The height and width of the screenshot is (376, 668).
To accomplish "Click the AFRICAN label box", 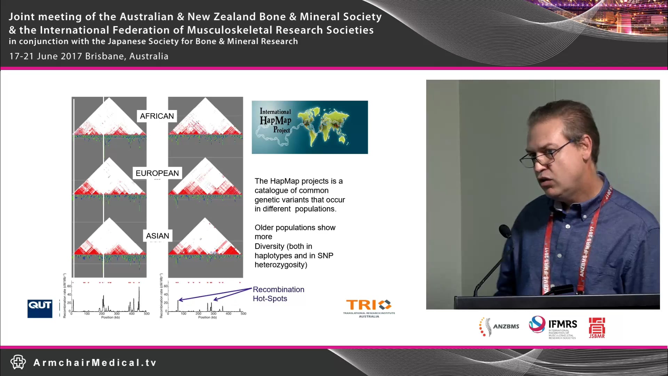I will click(157, 116).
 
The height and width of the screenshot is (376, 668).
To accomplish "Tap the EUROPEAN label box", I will click(157, 173).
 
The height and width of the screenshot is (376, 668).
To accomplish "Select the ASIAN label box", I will click(158, 236).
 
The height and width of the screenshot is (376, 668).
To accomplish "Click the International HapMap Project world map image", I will click(310, 127).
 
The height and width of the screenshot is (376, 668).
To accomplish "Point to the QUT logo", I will click(40, 308).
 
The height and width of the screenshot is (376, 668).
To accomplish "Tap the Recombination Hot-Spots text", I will click(278, 294).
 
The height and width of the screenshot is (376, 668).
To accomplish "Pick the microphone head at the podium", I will click(505, 232).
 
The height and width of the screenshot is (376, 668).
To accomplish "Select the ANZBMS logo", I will click(499, 327).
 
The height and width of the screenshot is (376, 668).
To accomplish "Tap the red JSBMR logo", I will click(597, 327).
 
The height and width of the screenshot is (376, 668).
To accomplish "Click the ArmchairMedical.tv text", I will click(95, 363).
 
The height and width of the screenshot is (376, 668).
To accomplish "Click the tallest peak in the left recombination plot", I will click(139, 288).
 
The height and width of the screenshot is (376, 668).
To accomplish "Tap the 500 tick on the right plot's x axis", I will click(244, 314).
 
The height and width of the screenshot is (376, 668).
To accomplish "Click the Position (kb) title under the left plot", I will click(111, 317).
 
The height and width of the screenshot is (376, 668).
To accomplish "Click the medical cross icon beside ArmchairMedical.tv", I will click(18, 362).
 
